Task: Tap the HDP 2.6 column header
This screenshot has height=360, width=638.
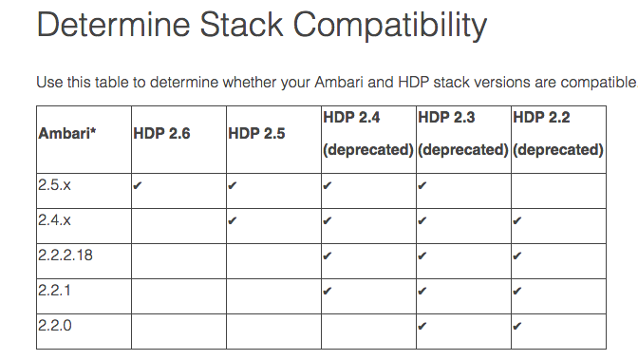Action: [x=161, y=133]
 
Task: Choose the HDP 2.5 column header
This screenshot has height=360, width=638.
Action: [x=256, y=133]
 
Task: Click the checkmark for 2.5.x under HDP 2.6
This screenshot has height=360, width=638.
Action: [x=138, y=187]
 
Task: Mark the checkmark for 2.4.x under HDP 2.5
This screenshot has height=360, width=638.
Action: [x=233, y=222]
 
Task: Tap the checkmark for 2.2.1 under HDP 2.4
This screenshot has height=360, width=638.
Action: [x=328, y=292]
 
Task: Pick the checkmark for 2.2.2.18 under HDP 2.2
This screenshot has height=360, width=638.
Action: [x=517, y=256]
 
